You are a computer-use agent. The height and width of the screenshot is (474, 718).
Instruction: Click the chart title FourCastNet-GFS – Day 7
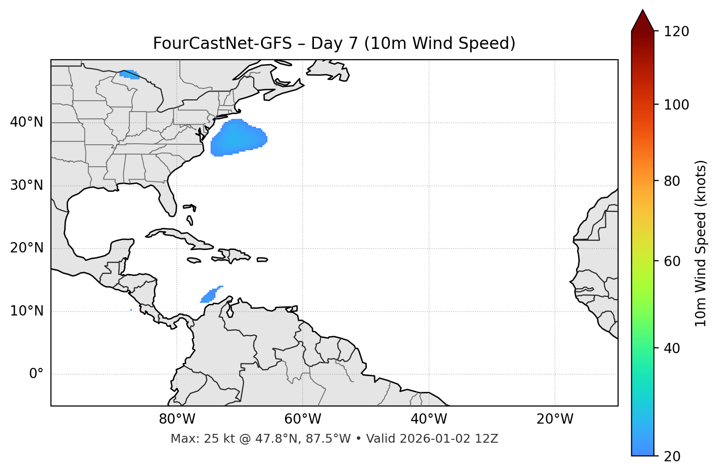click(334, 44)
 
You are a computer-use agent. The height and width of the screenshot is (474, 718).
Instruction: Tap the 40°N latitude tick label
click(26, 122)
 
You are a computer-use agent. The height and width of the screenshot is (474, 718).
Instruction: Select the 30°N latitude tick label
click(26, 185)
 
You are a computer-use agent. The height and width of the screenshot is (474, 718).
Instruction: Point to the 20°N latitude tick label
click(26, 248)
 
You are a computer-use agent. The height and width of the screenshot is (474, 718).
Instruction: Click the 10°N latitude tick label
click(26, 311)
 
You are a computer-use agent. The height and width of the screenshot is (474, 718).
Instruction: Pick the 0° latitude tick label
click(36, 374)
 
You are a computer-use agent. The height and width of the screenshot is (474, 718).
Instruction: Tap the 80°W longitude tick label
click(177, 419)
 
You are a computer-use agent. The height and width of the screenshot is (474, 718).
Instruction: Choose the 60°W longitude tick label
click(303, 419)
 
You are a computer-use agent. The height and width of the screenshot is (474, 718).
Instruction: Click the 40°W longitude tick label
click(429, 419)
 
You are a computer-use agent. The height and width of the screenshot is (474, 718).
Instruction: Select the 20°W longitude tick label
click(554, 419)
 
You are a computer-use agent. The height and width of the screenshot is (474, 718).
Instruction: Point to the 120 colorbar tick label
click(676, 32)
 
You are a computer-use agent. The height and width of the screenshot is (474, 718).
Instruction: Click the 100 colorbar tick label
click(676, 105)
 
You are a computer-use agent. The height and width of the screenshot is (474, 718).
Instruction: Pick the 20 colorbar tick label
click(672, 456)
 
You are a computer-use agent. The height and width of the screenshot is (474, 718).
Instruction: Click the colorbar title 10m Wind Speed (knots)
click(701, 243)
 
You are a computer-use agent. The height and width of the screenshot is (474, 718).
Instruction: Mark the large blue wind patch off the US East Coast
click(238, 138)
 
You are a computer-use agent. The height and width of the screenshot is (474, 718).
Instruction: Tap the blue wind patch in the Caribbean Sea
click(210, 295)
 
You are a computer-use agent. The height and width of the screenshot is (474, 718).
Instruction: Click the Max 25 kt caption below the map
click(334, 439)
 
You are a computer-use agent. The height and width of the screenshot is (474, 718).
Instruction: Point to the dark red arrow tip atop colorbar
click(643, 21)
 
